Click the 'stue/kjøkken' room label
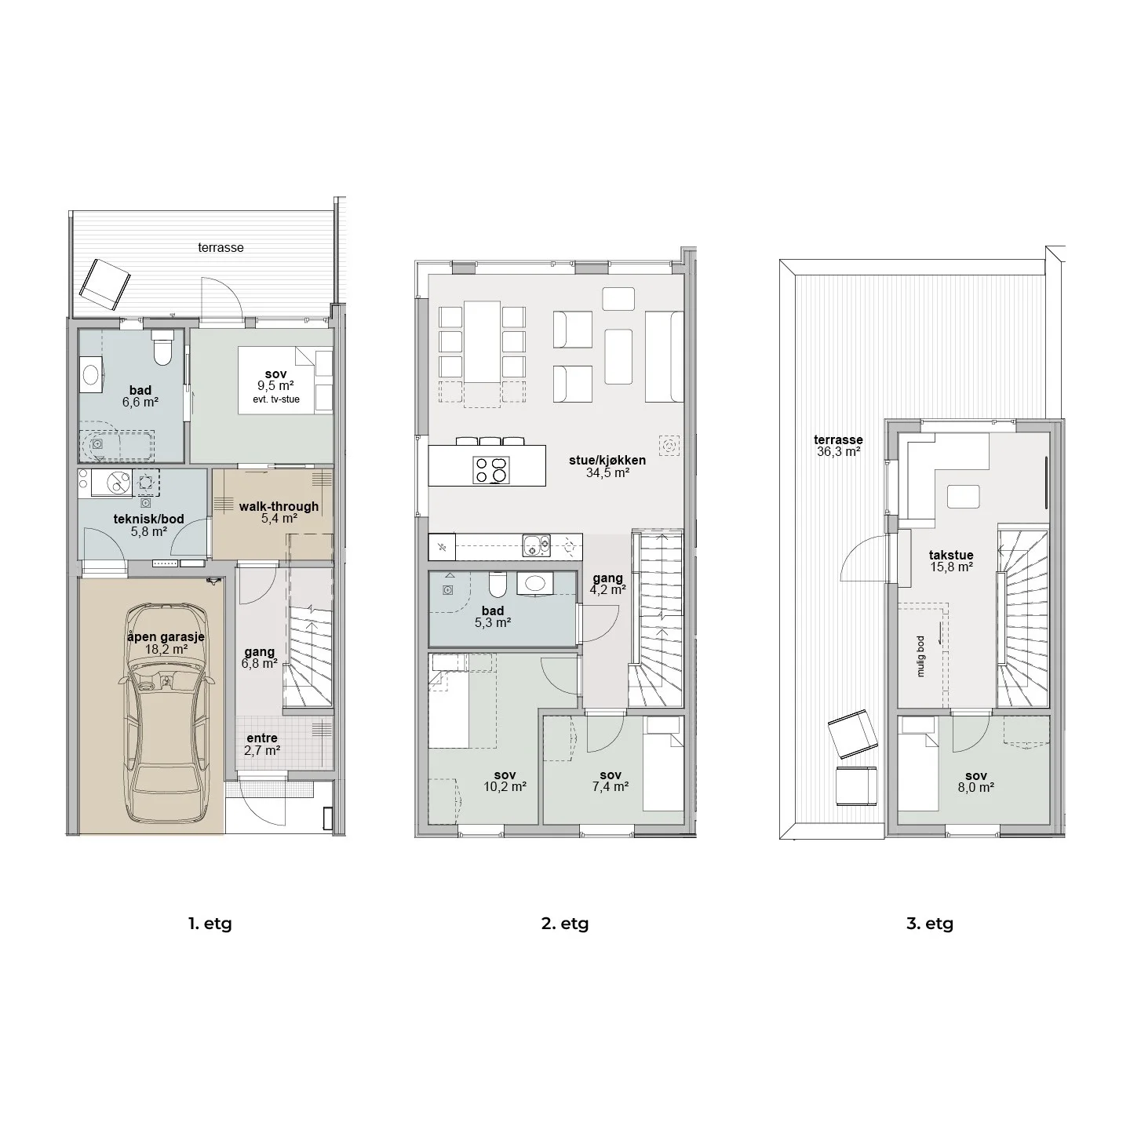[x=607, y=461]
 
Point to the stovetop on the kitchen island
[x=491, y=470]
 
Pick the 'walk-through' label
[x=279, y=506]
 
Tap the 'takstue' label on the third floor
[x=951, y=555]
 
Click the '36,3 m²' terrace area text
[x=839, y=452]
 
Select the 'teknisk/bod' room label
[x=148, y=519]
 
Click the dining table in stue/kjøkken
[x=483, y=342]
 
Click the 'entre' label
[x=262, y=738]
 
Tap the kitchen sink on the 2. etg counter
[x=537, y=545]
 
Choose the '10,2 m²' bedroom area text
[x=505, y=787]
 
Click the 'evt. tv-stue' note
[x=275, y=399]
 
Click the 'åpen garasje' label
[x=166, y=637]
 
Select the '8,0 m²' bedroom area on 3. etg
[x=975, y=788]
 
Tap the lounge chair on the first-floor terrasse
[x=105, y=284]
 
